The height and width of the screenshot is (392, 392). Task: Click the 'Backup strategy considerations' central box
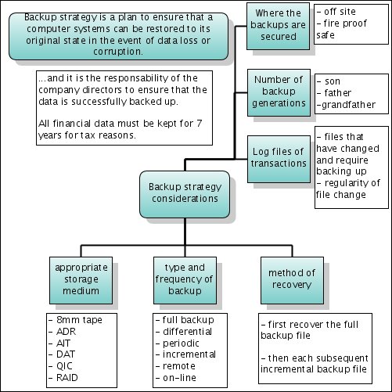(x=185, y=194)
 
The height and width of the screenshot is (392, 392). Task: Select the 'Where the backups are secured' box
(x=278, y=26)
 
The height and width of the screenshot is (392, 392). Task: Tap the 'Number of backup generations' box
(x=279, y=92)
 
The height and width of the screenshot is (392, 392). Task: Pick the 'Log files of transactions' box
(x=279, y=159)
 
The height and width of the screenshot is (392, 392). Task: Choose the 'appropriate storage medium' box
(x=81, y=280)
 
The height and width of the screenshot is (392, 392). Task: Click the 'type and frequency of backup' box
(x=185, y=280)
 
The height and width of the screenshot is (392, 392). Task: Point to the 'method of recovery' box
(x=292, y=280)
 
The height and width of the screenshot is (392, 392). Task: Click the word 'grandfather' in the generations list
(x=348, y=105)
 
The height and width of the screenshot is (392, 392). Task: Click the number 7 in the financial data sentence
(x=200, y=123)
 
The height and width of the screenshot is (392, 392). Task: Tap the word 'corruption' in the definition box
(x=117, y=52)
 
